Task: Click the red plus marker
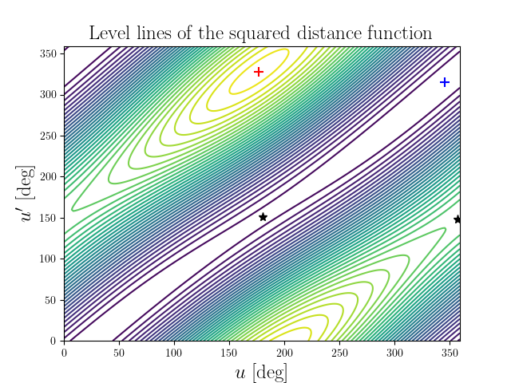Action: pos(259,72)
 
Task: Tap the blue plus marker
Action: pos(445,82)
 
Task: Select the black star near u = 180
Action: pos(263,217)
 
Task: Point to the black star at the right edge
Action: pos(458,219)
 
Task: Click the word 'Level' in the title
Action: pos(108,34)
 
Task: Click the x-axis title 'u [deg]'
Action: pos(261,373)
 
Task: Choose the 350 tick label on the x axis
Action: pos(450,351)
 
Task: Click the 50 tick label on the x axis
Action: pos(119,351)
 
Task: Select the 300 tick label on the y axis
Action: pos(50,94)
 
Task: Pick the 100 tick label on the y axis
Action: pos(50,259)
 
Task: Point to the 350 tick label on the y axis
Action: pos(50,53)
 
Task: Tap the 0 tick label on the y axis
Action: pos(55,341)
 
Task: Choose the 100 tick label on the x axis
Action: pos(174,351)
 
